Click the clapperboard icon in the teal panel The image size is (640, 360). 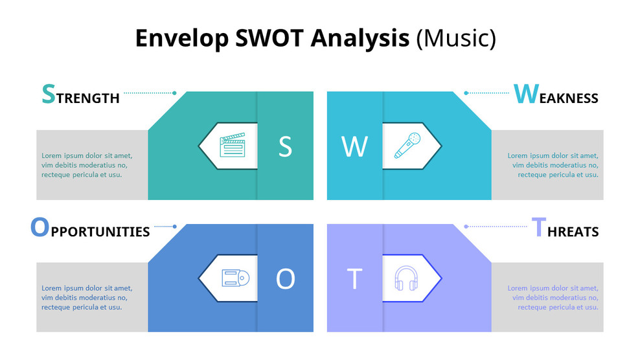(233, 146)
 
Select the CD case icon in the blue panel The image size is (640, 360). (235, 278)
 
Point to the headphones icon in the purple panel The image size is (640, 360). (407, 278)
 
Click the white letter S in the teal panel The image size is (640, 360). (285, 147)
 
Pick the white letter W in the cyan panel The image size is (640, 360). (354, 147)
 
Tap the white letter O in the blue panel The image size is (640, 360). (285, 279)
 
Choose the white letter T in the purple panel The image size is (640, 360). (354, 279)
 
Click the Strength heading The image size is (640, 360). (80, 95)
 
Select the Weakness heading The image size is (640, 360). (556, 95)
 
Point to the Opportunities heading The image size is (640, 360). (90, 229)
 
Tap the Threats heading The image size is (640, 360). (565, 229)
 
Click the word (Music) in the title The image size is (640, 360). (455, 38)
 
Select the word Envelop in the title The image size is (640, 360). (181, 38)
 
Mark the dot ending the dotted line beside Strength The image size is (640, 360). (175, 93)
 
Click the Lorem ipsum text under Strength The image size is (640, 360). (87, 165)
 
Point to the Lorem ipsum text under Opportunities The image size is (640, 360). (87, 297)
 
